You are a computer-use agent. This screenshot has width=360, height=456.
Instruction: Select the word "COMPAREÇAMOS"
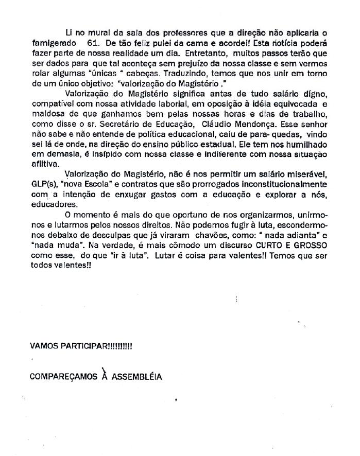click(63, 376)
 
